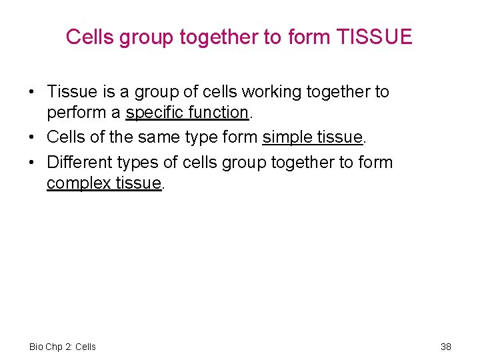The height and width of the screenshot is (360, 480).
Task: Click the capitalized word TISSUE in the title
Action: coord(375,37)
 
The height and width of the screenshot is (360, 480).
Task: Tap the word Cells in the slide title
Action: coord(90,37)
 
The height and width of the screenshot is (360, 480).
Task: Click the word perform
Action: coord(73,113)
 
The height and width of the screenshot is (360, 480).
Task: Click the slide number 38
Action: coord(446,347)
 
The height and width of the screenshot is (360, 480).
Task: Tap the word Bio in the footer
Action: coord(37,347)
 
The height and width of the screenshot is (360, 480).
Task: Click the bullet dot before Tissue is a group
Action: coord(31,92)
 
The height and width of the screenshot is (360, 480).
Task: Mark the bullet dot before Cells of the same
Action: coord(31,137)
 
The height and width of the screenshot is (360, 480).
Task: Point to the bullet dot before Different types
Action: coord(31,162)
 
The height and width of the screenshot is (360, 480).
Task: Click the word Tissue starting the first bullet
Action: coord(73,92)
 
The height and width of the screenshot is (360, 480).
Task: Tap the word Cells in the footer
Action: coord(85,347)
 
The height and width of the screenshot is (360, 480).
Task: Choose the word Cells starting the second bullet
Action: coord(67,137)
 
